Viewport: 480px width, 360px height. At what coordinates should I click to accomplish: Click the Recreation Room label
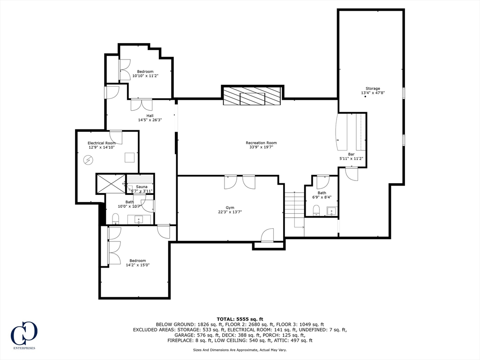pos(261,142)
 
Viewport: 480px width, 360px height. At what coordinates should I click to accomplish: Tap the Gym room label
pos(230,208)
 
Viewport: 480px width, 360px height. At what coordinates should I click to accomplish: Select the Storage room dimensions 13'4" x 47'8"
pos(373,93)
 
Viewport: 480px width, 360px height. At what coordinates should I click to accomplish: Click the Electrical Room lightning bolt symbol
pos(88,160)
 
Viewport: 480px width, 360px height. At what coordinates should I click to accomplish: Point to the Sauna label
pos(142,187)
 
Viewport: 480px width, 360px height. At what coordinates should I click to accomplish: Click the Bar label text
pos(351,154)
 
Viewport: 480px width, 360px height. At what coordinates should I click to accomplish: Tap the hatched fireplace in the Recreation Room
pos(252,96)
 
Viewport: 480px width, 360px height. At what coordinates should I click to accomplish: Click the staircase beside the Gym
pos(294,210)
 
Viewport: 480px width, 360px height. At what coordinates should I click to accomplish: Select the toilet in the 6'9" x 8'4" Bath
pos(316,210)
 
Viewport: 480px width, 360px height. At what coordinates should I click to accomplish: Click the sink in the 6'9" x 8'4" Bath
pos(331,211)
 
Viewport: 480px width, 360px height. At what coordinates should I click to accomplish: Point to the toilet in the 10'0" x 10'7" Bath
pos(115,218)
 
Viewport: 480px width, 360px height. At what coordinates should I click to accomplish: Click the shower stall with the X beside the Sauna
pos(111,184)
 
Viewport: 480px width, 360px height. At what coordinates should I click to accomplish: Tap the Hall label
pos(150,116)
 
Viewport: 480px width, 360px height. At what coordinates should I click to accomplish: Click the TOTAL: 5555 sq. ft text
pos(240,319)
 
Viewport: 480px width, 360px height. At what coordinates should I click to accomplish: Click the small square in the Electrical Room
pos(129,157)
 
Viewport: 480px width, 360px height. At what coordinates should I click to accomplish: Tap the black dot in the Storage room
pos(365,97)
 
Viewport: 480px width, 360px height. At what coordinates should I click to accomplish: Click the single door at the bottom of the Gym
pos(267,235)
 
